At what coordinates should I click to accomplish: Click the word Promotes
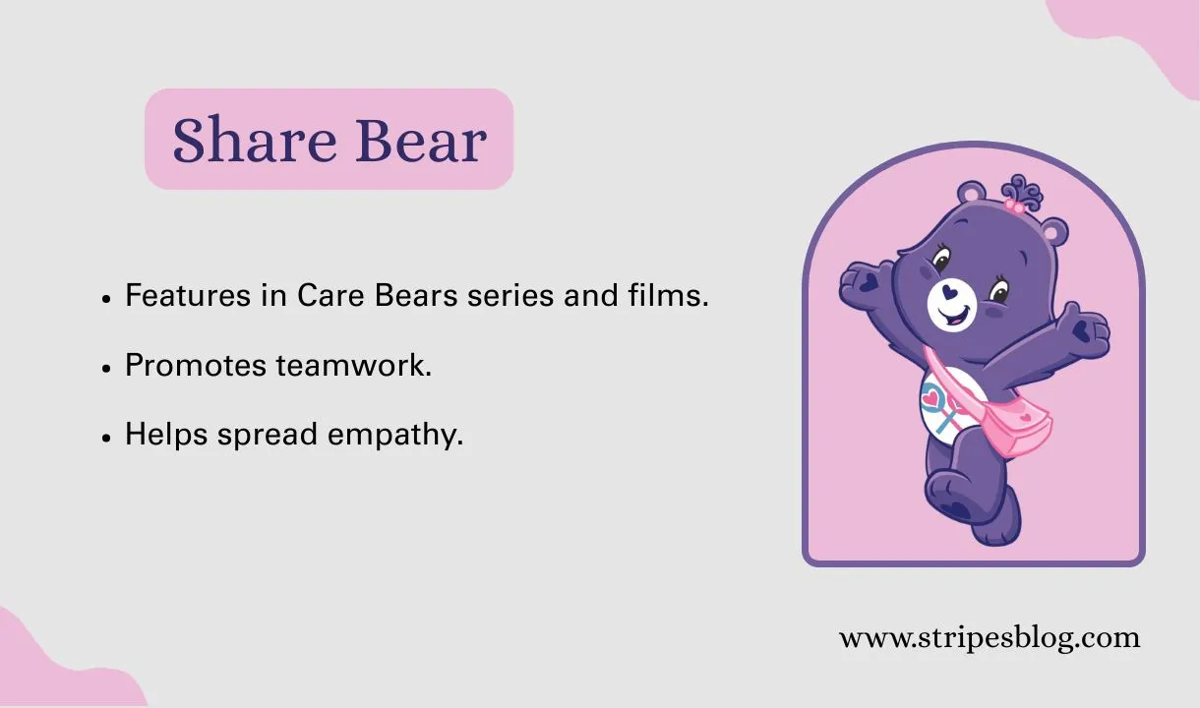196,365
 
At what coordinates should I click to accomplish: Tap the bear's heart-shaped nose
947,292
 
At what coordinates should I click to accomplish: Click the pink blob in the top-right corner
1141,34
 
